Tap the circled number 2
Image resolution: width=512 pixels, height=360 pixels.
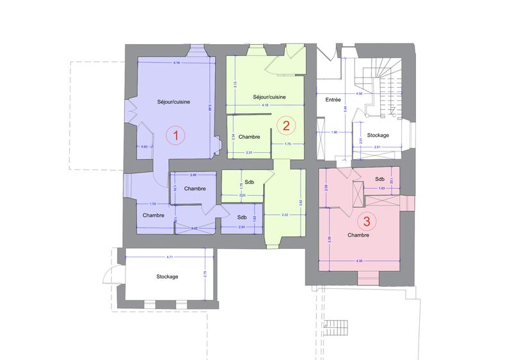pyautogui.click(x=286, y=125)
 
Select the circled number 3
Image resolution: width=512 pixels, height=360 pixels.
pyautogui.click(x=367, y=222)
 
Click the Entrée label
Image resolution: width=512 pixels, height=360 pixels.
pyautogui.click(x=333, y=100)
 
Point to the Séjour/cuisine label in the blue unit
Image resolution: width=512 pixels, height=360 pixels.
pyautogui.click(x=173, y=102)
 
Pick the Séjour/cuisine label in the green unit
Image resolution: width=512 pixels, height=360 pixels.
pyautogui.click(x=269, y=97)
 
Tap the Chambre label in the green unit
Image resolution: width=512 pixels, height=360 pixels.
pyautogui.click(x=248, y=137)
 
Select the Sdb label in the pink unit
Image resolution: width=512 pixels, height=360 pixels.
pyautogui.click(x=380, y=178)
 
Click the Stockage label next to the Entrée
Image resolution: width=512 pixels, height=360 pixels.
pyautogui.click(x=379, y=135)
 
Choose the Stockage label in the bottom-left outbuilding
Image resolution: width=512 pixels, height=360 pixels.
pyautogui.click(x=167, y=276)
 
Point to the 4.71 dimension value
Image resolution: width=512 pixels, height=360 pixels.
pyautogui.click(x=170, y=256)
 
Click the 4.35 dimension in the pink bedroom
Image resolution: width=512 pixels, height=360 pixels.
pyautogui.click(x=362, y=260)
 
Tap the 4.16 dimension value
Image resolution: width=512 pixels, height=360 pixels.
pyautogui.click(x=177, y=63)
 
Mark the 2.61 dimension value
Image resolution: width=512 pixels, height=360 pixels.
pyautogui.click(x=378, y=147)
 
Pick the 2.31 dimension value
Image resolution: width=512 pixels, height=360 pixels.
pyautogui.click(x=248, y=152)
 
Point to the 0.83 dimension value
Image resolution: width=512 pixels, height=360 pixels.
pyautogui.click(x=145, y=148)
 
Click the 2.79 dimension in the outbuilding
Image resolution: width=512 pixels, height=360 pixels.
pyautogui.click(x=205, y=274)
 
